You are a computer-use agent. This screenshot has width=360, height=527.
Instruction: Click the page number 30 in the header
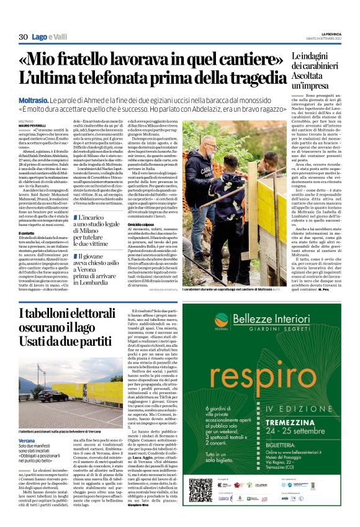pyautogui.click(x=24, y=38)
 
